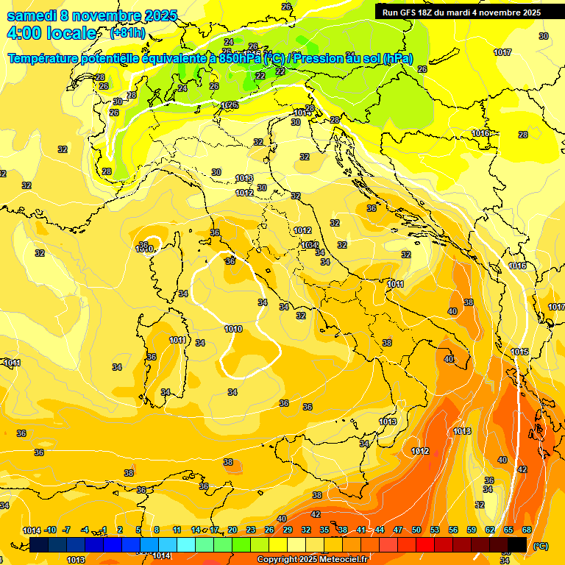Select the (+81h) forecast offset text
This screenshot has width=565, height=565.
(127, 33)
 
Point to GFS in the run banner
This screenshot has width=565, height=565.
(411, 13)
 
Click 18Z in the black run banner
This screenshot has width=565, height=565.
(428, 13)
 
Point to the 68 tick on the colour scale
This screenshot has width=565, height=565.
(527, 530)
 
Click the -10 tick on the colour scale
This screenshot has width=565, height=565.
(50, 530)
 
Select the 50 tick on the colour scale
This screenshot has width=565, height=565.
(416, 530)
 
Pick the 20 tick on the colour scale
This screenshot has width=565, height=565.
(232, 530)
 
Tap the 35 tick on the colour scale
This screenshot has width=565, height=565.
(324, 530)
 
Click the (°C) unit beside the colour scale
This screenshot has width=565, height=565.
(541, 546)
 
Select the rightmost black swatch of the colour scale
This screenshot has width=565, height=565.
(517, 544)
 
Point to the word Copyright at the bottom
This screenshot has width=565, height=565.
(278, 559)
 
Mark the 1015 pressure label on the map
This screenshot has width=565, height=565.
(519, 352)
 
